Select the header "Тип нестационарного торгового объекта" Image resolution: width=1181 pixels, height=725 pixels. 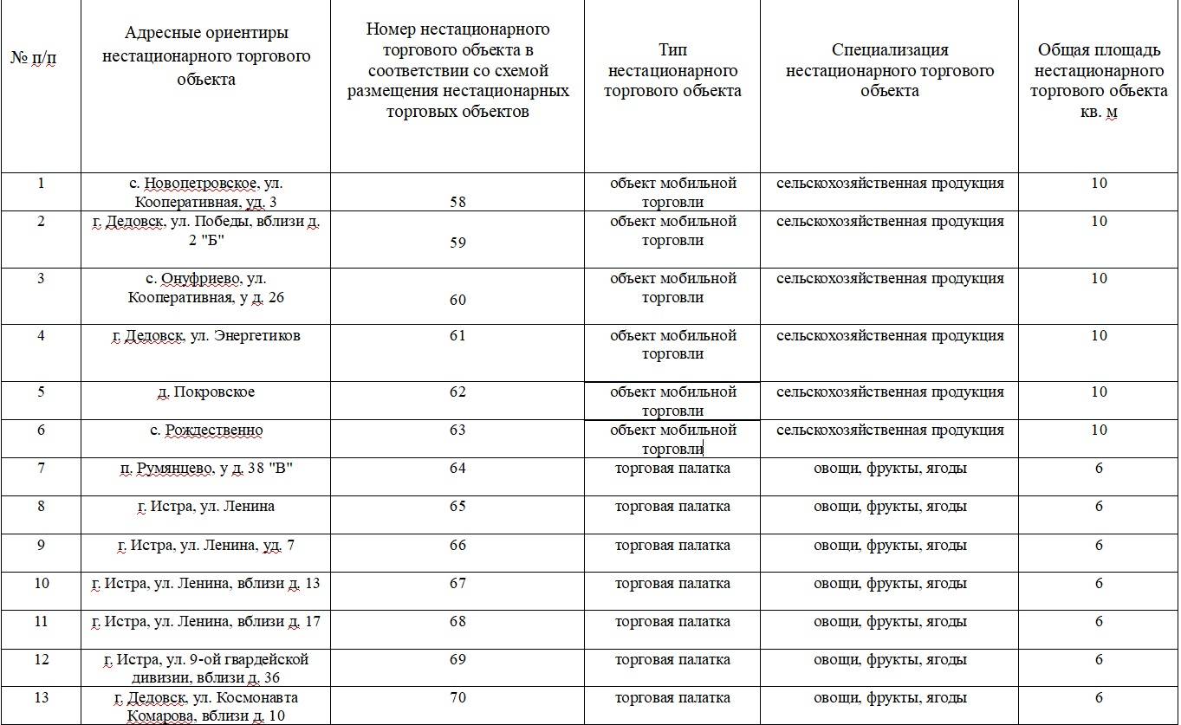click(x=672, y=70)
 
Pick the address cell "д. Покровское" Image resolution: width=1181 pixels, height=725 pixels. click(x=205, y=392)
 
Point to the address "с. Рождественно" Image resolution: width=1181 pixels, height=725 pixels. click(x=205, y=430)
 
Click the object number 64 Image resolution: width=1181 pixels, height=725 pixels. click(x=457, y=469)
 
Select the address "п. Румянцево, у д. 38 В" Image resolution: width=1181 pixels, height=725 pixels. click(x=205, y=469)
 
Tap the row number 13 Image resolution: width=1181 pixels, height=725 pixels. click(x=41, y=698)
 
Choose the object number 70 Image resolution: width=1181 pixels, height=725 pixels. click(x=457, y=698)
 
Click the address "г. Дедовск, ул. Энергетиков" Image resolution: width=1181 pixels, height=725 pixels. click(x=205, y=336)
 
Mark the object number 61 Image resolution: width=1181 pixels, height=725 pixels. click(x=457, y=336)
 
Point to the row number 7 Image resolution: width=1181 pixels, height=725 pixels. click(x=41, y=469)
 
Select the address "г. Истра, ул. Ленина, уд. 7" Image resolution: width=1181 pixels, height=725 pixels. click(x=205, y=546)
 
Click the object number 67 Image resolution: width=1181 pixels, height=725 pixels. click(x=457, y=584)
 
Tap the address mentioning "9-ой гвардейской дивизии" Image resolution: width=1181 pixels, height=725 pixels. click(x=205, y=669)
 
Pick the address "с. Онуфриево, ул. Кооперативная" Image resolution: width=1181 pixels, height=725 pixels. click(x=205, y=288)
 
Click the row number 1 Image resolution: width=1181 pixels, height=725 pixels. click(x=41, y=184)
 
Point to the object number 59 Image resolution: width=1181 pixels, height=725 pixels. click(x=457, y=243)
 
